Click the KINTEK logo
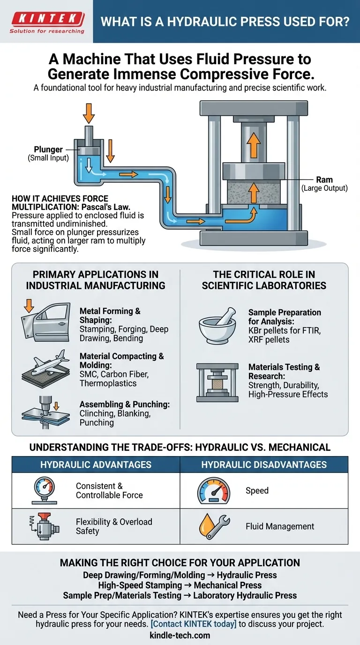click(x=47, y=21)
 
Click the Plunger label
click(x=48, y=150)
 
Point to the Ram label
click(x=324, y=180)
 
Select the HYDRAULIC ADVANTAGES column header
click(x=96, y=465)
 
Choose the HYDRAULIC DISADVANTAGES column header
click(x=264, y=465)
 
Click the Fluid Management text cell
click(x=280, y=526)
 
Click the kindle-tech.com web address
click(x=180, y=636)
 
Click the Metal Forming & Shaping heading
click(x=110, y=315)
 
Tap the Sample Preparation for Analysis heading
click(x=285, y=317)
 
